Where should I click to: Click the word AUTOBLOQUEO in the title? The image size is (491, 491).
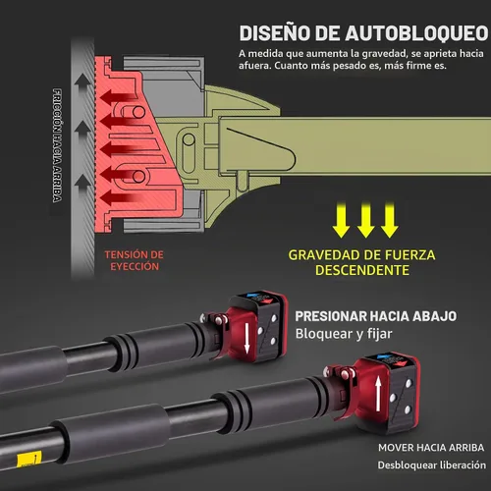pyautogui.click(x=416, y=33)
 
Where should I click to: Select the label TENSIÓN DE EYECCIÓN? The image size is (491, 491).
pyautogui.click(x=135, y=260)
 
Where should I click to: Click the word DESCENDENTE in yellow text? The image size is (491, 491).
pyautogui.click(x=362, y=270)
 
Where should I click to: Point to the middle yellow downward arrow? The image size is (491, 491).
pyautogui.click(x=365, y=220)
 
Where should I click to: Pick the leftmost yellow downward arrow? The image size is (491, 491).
pyautogui.click(x=341, y=220)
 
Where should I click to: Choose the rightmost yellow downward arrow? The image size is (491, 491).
pyautogui.click(x=390, y=220)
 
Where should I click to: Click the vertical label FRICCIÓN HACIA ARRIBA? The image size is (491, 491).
pyautogui.click(x=57, y=145)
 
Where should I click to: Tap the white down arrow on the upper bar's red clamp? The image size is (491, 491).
pyautogui.click(x=247, y=340)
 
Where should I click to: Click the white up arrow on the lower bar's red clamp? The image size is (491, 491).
pyautogui.click(x=378, y=394)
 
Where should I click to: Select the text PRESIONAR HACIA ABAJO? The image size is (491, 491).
pyautogui.click(x=376, y=316)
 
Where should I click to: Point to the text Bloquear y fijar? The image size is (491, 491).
pyautogui.click(x=344, y=334)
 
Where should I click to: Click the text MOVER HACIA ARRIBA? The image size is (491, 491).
pyautogui.click(x=431, y=448)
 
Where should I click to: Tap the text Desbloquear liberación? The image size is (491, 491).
pyautogui.click(x=432, y=465)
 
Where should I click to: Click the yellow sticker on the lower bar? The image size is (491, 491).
pyautogui.click(x=29, y=459)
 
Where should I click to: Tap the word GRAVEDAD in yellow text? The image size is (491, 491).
pyautogui.click(x=333, y=255)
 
